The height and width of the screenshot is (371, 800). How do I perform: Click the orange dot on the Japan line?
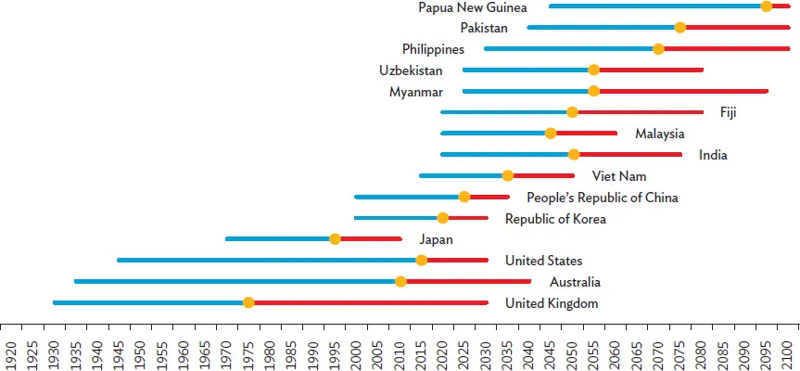[x=336, y=239]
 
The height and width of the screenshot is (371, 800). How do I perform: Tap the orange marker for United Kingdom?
[x=248, y=302]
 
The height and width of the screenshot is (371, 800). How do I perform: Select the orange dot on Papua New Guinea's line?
[x=766, y=6]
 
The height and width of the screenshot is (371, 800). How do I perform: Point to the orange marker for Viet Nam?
[x=508, y=175]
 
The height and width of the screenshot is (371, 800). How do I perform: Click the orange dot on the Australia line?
[x=400, y=281]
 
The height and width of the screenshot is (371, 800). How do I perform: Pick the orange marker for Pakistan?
[x=680, y=27]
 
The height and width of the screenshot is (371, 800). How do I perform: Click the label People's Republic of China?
[x=602, y=198]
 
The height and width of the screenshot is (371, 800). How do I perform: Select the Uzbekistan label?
[x=411, y=70]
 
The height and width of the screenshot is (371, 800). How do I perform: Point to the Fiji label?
[x=728, y=112]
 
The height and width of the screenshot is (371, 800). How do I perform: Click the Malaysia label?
[x=659, y=134]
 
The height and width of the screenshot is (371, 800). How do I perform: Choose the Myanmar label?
[x=415, y=92]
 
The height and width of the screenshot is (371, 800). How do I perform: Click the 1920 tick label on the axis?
[x=11, y=353]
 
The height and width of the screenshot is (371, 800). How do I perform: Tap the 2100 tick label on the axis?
[x=788, y=353]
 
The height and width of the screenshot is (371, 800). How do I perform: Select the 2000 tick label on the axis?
[x=357, y=353]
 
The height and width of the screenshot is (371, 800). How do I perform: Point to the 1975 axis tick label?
[x=248, y=353]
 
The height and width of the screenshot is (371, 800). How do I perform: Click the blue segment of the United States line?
[x=269, y=260]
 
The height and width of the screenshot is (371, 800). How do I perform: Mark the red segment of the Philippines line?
[x=723, y=48]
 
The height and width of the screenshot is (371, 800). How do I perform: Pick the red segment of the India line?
[x=630, y=155]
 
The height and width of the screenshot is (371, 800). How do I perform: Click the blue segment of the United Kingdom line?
[x=148, y=302]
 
